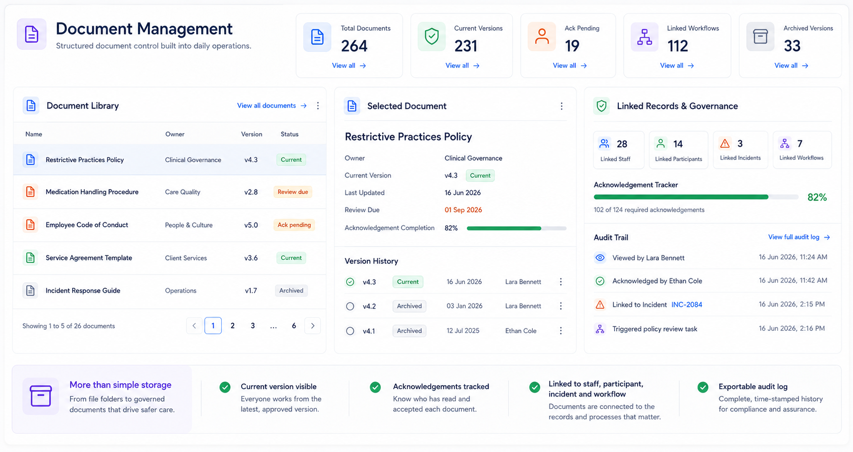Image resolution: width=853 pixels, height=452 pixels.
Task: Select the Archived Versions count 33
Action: click(x=792, y=46)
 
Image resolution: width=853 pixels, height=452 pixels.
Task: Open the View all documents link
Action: click(x=272, y=105)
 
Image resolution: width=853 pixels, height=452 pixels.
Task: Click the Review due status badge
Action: click(x=293, y=192)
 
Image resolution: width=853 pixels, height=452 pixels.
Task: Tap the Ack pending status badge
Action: click(x=294, y=225)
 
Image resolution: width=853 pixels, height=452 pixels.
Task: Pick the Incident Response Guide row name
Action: click(x=83, y=291)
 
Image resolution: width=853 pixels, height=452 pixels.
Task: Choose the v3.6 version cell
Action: click(x=251, y=258)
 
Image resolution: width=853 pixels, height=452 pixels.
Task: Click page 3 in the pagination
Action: click(x=252, y=326)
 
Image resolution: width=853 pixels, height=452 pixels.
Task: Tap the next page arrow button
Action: click(x=312, y=326)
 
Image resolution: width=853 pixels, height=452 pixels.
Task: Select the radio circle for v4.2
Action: click(x=350, y=306)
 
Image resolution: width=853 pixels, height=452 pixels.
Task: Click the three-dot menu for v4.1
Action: click(x=561, y=331)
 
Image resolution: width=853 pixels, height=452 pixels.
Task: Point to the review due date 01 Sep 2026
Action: click(x=463, y=210)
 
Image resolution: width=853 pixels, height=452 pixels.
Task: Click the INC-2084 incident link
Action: click(x=687, y=304)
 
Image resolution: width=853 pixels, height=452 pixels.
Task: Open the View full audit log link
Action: click(x=799, y=237)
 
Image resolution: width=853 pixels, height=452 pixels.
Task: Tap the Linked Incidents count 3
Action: click(x=740, y=144)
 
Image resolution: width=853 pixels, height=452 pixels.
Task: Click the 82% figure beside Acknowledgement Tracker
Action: click(x=817, y=197)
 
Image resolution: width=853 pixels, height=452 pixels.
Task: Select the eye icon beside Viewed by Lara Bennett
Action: click(x=600, y=257)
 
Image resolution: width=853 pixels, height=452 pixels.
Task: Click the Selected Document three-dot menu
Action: click(x=561, y=106)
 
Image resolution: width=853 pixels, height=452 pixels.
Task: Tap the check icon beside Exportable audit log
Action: click(x=703, y=387)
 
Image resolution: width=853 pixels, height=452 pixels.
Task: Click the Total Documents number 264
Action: click(x=354, y=46)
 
